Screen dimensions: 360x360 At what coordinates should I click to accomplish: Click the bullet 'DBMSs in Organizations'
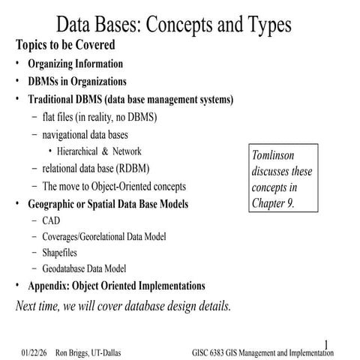[77, 81]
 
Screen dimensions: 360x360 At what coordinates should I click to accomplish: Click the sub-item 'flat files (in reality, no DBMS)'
[100, 117]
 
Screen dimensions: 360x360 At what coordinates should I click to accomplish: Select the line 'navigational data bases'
[85, 134]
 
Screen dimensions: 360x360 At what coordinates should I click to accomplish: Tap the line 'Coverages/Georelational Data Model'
[104, 237]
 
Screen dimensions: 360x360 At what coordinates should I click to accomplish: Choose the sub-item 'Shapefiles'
[62, 253]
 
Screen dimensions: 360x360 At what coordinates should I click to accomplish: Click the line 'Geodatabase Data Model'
[84, 268]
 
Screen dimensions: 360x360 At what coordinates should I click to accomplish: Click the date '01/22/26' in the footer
[34, 352]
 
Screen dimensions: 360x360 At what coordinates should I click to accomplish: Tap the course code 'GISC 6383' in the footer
[214, 352]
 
